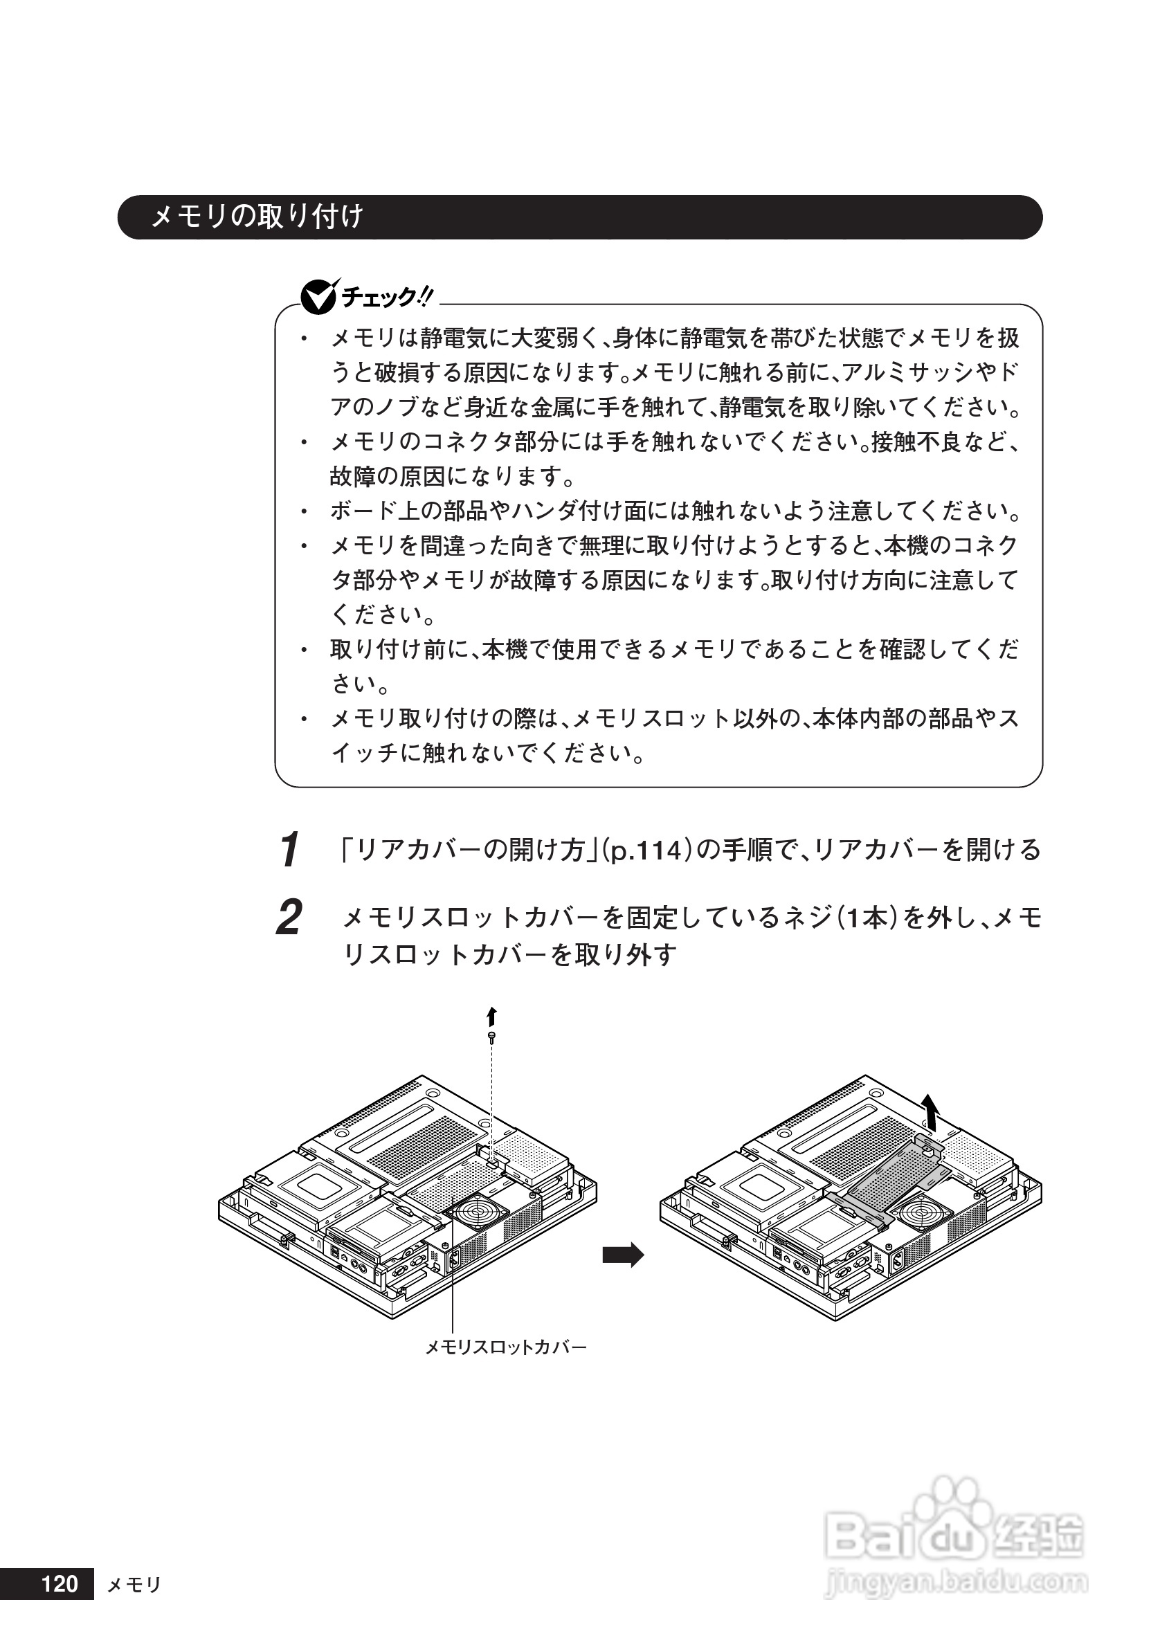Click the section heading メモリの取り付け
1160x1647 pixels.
coord(257,217)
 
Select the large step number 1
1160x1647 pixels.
coord(290,850)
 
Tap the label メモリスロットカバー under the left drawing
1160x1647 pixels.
coord(506,1347)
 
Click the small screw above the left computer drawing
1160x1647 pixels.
coord(491,1037)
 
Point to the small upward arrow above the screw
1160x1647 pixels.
coord(491,1017)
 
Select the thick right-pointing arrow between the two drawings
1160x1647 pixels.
coord(623,1255)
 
